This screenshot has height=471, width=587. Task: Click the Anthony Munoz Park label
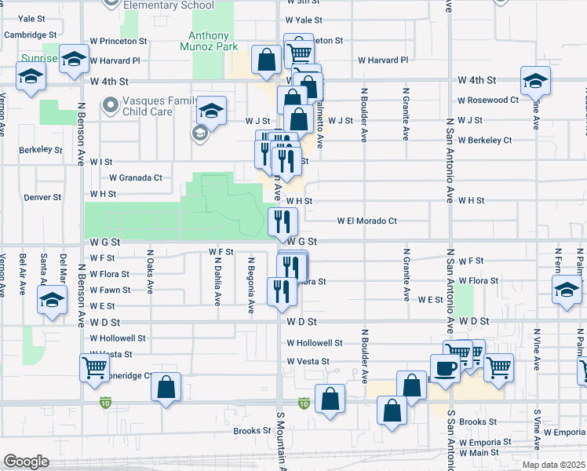210,42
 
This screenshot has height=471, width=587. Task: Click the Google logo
26,462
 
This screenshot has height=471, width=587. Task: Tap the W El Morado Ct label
367,221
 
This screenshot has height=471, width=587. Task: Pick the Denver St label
42,198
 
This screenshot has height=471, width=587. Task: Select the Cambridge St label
31,35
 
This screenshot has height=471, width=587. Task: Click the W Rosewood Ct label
488,100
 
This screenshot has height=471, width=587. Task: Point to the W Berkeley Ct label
485,141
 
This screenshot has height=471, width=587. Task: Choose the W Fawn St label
110,290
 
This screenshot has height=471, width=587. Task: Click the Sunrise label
39,59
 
